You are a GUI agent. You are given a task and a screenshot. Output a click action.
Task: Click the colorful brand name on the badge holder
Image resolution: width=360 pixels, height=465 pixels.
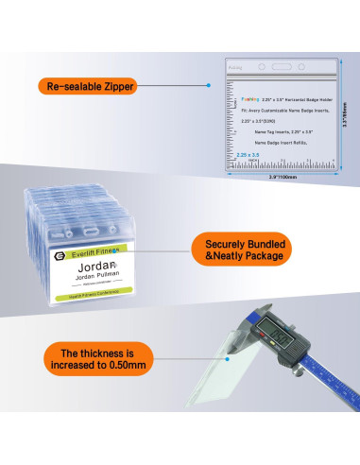coord(250,95)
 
